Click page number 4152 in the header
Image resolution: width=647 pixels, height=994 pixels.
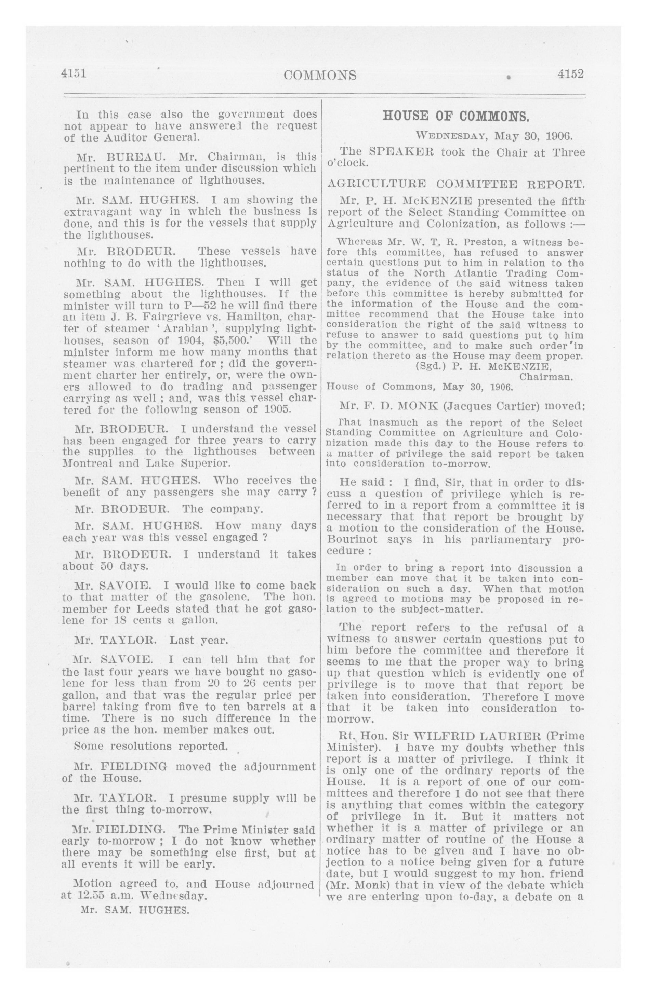click(x=570, y=74)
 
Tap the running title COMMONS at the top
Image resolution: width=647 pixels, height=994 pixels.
click(x=320, y=75)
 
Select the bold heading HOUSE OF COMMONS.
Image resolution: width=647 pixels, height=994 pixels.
click(x=456, y=116)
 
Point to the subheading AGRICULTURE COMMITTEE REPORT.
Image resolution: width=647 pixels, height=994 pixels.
click(x=455, y=184)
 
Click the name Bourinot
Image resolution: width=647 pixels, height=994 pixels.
click(x=354, y=540)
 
